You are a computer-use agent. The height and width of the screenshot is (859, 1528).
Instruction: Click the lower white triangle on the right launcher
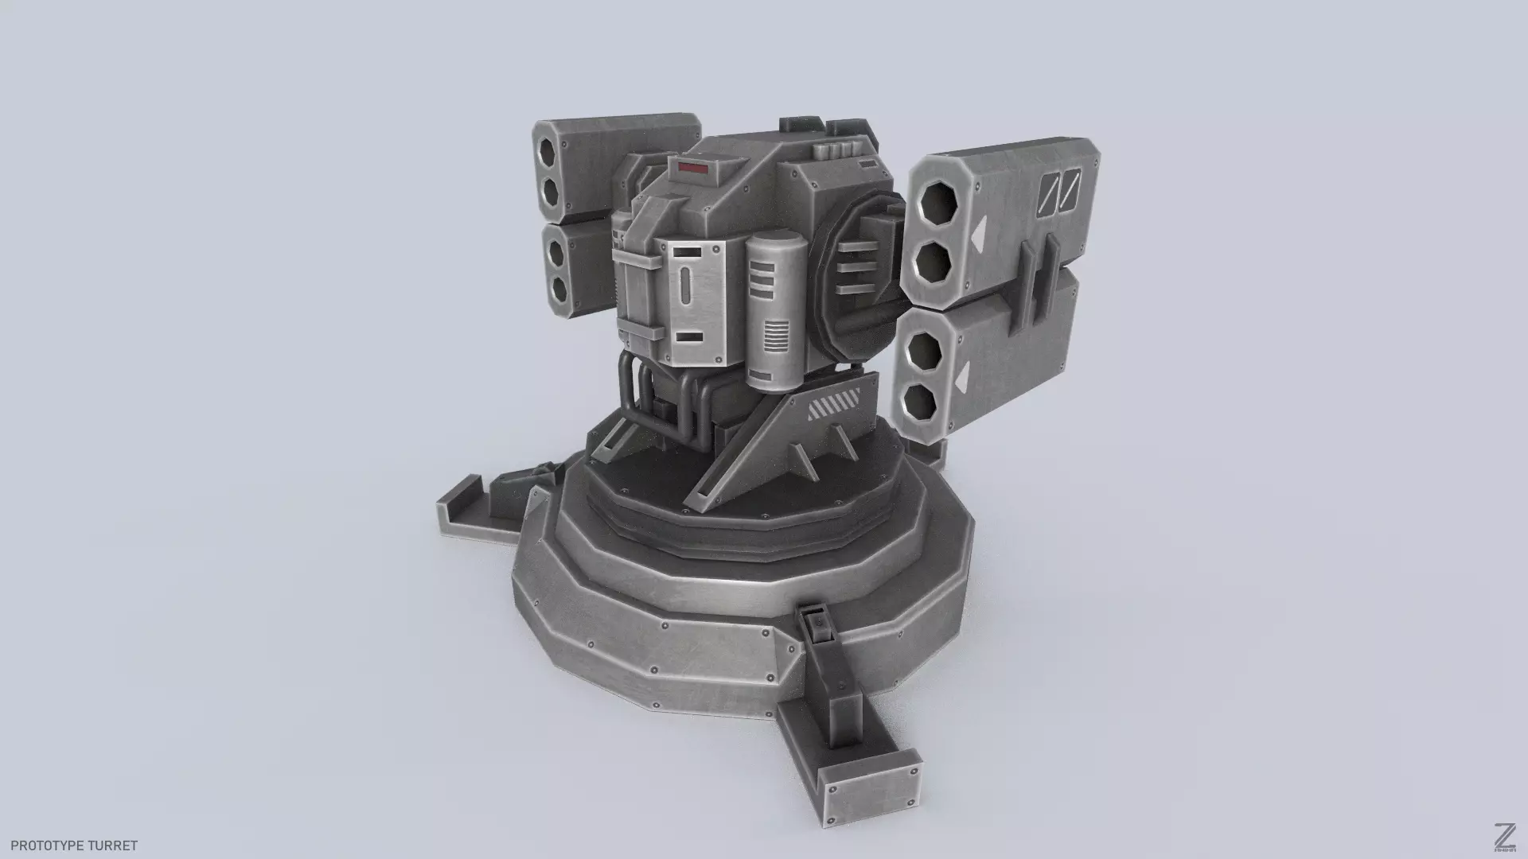(964, 379)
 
